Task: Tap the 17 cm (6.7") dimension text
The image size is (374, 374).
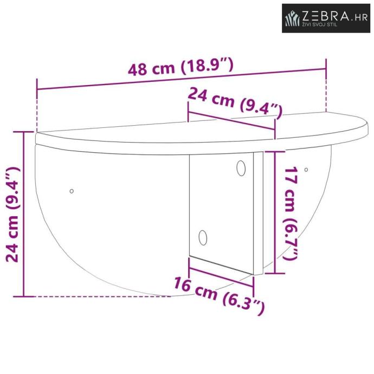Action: tap(291, 213)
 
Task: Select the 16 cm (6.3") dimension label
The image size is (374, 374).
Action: tap(219, 295)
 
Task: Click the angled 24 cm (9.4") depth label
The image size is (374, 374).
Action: tap(235, 102)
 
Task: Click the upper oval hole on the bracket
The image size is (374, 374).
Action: tap(241, 168)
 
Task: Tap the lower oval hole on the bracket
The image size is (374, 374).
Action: tap(203, 237)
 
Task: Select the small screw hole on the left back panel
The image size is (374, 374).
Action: tap(72, 191)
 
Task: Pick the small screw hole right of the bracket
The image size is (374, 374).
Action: tap(306, 170)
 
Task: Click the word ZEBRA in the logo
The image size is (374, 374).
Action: tap(326, 16)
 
